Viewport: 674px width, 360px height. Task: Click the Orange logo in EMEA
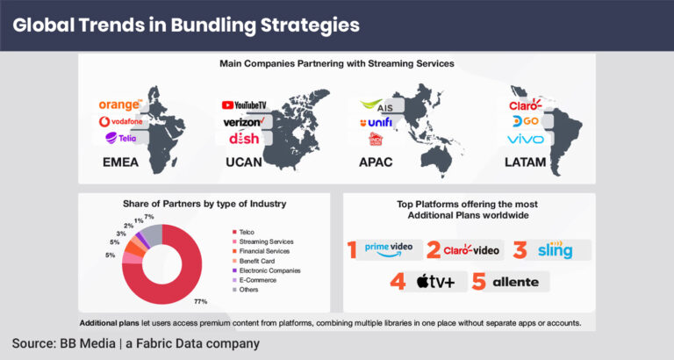(119, 105)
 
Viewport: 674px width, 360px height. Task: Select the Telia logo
(119, 138)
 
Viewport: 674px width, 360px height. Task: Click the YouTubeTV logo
(244, 105)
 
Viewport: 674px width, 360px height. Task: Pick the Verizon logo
(244, 122)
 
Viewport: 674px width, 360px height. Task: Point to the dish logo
(243, 139)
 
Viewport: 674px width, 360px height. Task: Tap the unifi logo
(376, 122)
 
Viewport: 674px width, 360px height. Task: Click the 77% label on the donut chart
(200, 301)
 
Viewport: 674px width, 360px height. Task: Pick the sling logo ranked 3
(556, 250)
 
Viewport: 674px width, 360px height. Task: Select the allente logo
(513, 282)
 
